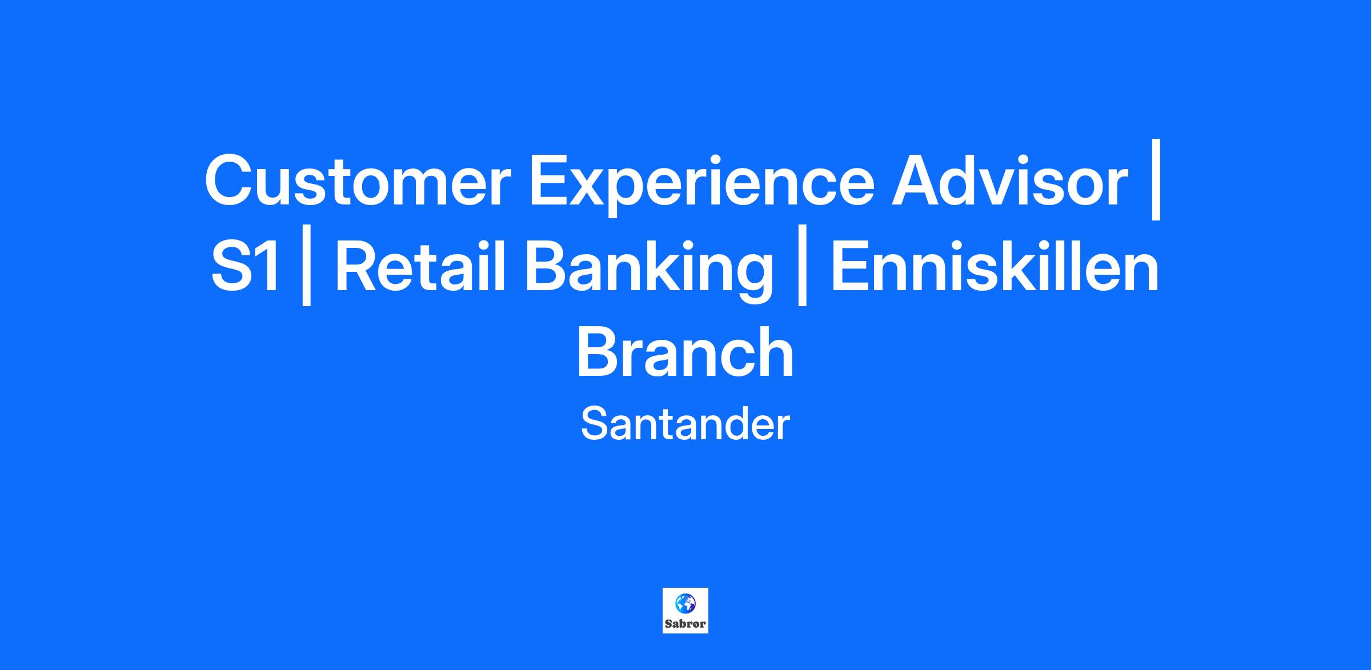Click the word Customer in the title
point(356,180)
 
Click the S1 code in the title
point(247,267)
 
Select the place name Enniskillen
point(995,266)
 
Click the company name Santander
point(685,424)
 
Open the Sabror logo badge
point(685,611)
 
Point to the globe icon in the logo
point(685,603)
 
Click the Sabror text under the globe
point(685,624)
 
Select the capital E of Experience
point(550,180)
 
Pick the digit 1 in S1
point(269,267)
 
